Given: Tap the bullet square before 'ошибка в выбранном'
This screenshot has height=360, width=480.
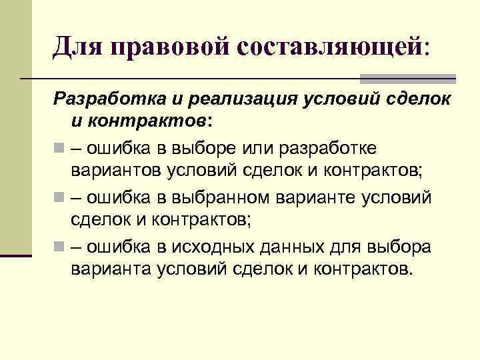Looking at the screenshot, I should [58, 197].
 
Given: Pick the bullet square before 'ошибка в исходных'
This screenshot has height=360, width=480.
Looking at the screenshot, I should [58, 247].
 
